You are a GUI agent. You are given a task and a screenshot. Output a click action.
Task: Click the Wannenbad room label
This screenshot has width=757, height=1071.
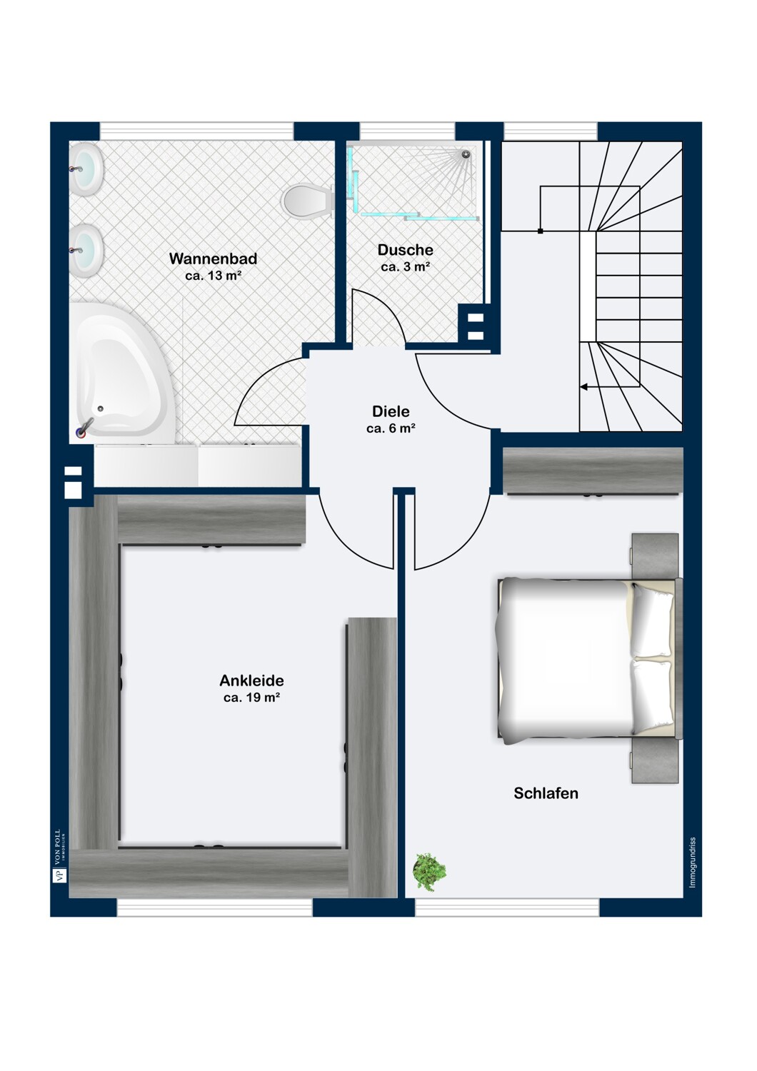point(214,258)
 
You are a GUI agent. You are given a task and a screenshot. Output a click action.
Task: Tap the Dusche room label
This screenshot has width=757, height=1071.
point(406,250)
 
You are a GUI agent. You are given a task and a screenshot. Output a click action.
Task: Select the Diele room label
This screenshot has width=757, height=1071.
point(391,411)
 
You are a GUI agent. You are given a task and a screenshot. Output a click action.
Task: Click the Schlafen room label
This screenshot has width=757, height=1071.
point(546,793)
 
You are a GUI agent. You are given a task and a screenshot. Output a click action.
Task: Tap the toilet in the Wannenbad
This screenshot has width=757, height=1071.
point(307,201)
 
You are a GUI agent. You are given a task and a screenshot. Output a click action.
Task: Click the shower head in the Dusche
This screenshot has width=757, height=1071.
point(466,154)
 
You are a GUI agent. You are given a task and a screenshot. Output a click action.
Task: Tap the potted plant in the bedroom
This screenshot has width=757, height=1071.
point(429,871)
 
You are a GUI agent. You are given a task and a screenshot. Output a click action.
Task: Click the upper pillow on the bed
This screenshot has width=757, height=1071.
point(651,620)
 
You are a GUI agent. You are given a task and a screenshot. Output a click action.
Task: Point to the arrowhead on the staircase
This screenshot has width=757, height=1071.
point(583,386)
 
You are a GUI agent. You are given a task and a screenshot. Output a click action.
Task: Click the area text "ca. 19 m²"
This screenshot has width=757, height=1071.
point(251,698)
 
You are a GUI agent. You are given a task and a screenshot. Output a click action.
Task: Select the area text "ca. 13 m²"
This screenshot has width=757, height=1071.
point(214,276)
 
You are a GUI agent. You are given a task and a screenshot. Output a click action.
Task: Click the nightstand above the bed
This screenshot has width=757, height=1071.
point(655,555)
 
